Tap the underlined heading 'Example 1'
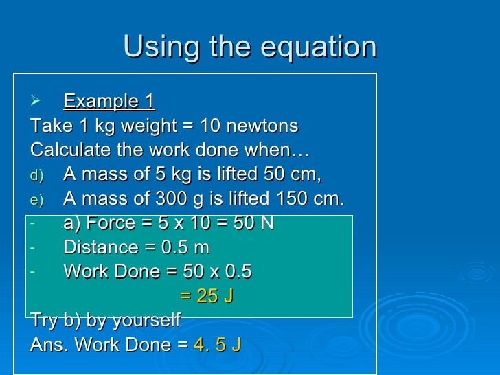109,102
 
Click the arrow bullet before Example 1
37,102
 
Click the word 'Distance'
100,247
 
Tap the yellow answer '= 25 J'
207,296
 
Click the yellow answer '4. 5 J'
218,345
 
